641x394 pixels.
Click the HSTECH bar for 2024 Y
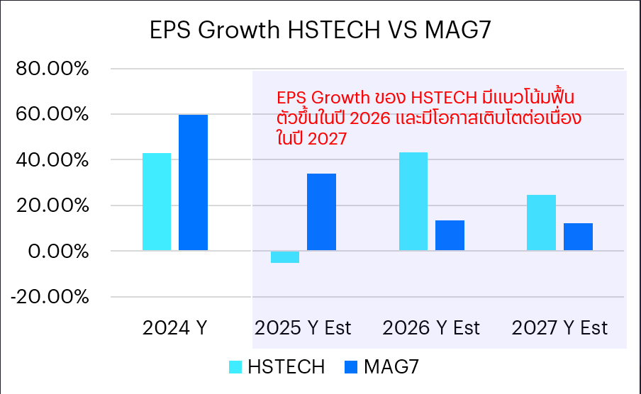tap(157, 202)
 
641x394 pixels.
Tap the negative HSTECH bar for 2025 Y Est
tap(285, 257)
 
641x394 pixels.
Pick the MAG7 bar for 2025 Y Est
tap(321, 212)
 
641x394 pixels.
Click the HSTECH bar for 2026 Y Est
tap(413, 201)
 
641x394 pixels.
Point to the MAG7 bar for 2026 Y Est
tap(450, 235)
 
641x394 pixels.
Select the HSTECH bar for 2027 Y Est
tap(542, 223)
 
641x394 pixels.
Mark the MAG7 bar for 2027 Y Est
tap(578, 237)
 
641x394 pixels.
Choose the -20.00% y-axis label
tap(49, 297)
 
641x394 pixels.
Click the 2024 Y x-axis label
tap(174, 328)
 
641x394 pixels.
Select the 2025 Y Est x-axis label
tap(303, 328)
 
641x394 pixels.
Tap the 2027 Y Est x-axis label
tap(560, 328)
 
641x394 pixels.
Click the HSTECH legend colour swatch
tap(235, 367)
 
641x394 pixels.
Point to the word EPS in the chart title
tap(169, 31)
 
